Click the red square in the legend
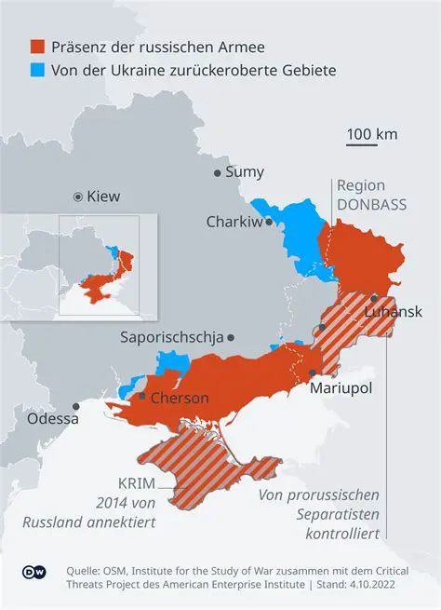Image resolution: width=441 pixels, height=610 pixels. (x=37, y=47)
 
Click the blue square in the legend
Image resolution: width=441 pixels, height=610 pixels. (x=37, y=71)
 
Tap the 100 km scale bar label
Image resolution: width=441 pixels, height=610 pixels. (x=372, y=134)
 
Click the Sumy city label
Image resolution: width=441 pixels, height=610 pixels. (x=246, y=172)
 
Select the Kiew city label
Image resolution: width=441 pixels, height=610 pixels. (x=103, y=197)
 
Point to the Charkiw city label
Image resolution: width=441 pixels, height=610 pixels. (x=234, y=222)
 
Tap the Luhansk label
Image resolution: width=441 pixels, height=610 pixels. (x=394, y=311)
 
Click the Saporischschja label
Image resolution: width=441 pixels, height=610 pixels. (x=171, y=337)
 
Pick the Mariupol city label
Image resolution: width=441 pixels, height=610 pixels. (x=341, y=386)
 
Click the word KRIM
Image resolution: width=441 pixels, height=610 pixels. (x=137, y=485)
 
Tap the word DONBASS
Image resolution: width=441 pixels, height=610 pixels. (x=372, y=204)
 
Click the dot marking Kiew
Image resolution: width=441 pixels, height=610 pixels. (x=78, y=197)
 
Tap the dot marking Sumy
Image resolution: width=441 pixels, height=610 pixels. (x=218, y=172)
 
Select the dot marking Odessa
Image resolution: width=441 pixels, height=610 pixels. (x=76, y=405)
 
